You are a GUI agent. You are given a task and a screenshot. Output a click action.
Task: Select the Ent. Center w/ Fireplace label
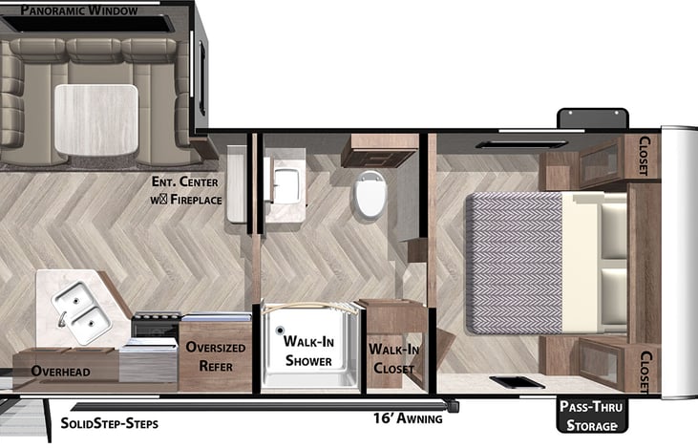(x=186, y=191)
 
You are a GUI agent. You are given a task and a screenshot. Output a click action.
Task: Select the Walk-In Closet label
(x=392, y=359)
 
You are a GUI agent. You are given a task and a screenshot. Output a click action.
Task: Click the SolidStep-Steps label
(x=109, y=422)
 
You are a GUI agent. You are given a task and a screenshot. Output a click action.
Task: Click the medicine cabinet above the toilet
(x=381, y=151)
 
